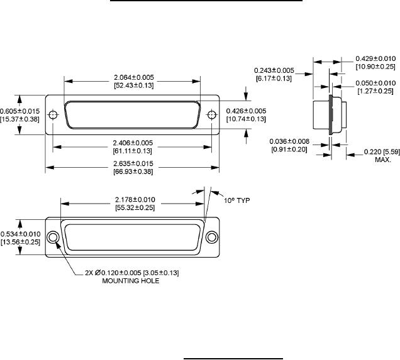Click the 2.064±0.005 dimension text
(134, 77)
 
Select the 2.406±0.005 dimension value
(133, 143)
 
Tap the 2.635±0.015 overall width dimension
(133, 163)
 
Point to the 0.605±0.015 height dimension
(20, 111)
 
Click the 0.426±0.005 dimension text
(246, 111)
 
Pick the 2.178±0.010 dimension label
(135, 200)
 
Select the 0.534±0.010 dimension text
(20, 234)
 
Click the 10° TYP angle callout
(236, 200)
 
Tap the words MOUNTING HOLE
(131, 281)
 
